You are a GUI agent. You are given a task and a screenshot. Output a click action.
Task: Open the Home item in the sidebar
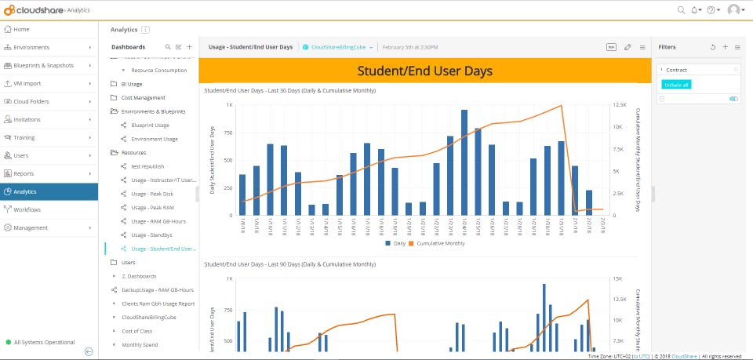click(21, 29)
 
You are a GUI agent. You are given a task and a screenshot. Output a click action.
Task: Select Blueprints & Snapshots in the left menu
click(44, 65)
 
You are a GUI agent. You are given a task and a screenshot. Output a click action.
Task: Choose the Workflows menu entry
click(27, 209)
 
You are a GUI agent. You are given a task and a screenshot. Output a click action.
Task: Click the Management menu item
click(31, 227)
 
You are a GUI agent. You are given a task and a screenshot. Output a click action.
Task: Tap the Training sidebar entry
click(24, 137)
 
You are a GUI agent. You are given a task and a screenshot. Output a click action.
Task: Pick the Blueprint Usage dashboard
click(150, 125)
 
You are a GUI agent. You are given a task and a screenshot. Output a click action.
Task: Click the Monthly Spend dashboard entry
click(140, 344)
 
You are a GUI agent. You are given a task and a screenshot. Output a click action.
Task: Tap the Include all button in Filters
click(676, 84)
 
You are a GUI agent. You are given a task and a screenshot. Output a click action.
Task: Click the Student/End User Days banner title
click(424, 71)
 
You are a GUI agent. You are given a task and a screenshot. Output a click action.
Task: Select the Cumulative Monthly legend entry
click(438, 243)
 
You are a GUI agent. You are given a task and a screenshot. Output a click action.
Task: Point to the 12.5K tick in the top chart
click(620, 104)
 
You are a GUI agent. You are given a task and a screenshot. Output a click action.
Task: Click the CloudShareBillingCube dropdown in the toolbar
click(337, 47)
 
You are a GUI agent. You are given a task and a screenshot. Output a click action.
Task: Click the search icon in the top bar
click(681, 9)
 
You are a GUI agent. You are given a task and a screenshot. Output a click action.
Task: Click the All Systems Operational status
click(45, 342)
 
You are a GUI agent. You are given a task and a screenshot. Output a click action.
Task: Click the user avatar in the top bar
click(734, 9)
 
